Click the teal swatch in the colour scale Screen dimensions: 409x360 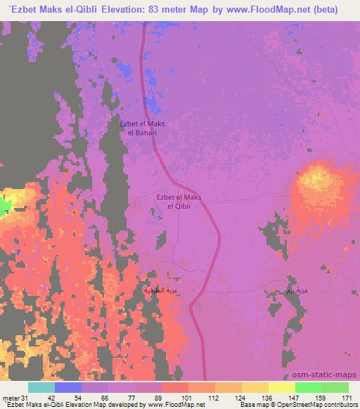41,387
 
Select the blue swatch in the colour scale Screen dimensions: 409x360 68,387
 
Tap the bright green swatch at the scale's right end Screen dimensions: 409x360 335,387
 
